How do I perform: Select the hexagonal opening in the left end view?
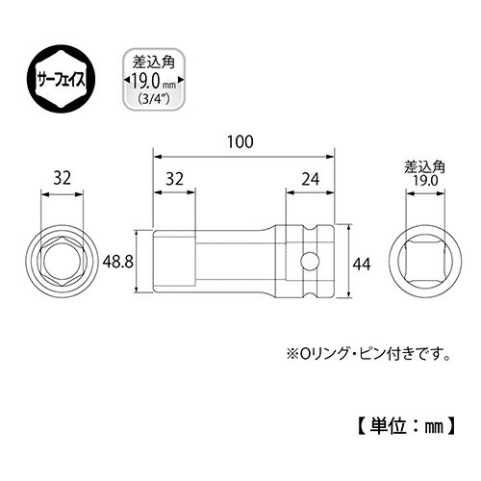tap(63, 259)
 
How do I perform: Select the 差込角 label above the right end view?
tap(418, 164)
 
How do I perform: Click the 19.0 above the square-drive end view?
tap(418, 179)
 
